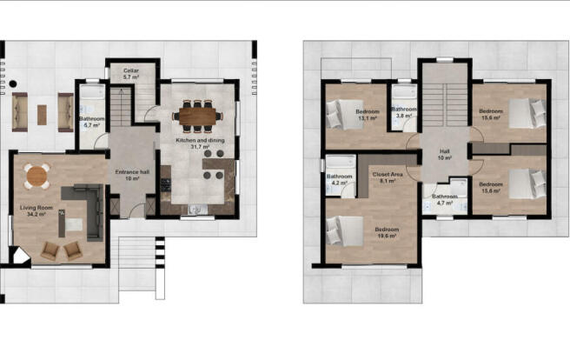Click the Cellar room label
pos(131,75)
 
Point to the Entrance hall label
pos(132,176)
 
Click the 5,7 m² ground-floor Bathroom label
pos(92,121)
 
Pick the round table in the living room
pos(36,177)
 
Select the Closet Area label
pos(388,178)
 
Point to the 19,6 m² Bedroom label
pos(388,233)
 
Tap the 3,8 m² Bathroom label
pos(403,112)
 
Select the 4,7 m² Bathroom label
pos(445,199)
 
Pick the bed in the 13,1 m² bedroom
pos(339,113)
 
